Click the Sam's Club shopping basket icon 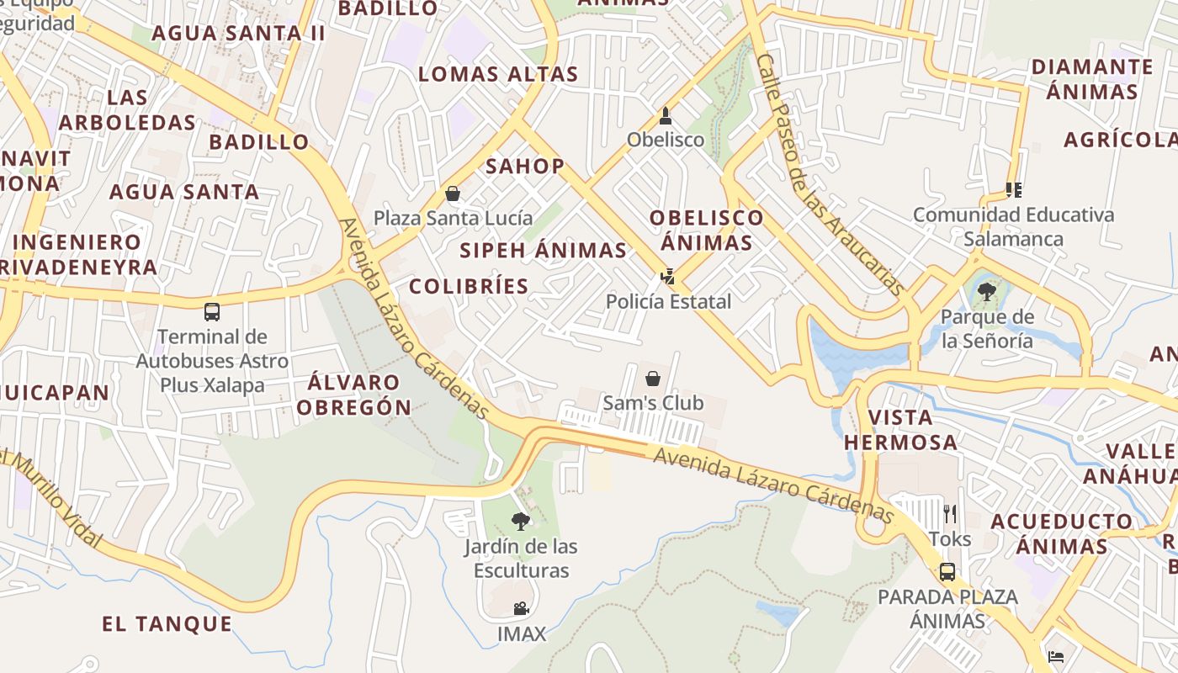point(652,379)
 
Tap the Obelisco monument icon point(666,116)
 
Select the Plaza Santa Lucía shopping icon point(453,194)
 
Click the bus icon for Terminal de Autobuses point(212,312)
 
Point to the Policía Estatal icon point(668,276)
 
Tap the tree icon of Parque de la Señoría point(986,293)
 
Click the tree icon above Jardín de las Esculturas point(521,522)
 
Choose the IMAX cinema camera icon point(522,608)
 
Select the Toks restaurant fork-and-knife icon point(950,514)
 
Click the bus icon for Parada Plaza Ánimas point(947,572)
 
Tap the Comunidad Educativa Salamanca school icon point(1014,190)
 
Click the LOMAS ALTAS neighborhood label point(498,74)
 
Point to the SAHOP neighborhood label point(525,166)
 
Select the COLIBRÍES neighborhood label point(469,286)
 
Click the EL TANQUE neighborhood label point(167,623)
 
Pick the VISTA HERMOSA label point(900,429)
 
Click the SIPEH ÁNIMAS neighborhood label point(543,250)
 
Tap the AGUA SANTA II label point(238,33)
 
